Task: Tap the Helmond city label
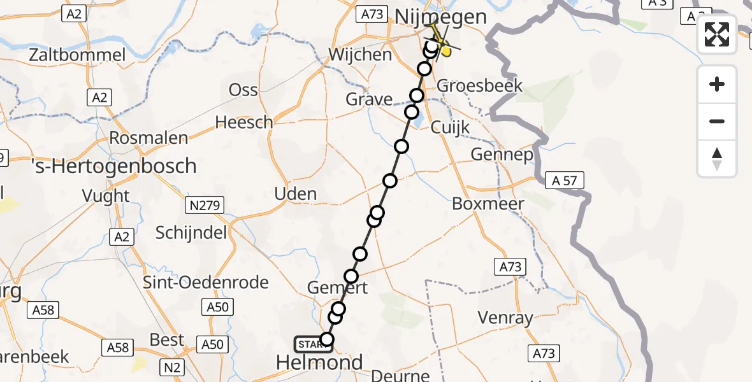click(x=319, y=363)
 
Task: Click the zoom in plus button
click(x=717, y=85)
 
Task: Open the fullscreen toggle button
click(x=717, y=34)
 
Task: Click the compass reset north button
click(x=717, y=159)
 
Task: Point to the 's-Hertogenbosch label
click(x=113, y=167)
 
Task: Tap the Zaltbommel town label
click(x=78, y=55)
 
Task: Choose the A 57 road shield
click(x=565, y=181)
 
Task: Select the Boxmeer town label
click(x=488, y=204)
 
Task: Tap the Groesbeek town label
click(x=481, y=85)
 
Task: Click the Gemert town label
click(x=337, y=288)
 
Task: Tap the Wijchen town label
click(x=360, y=54)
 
